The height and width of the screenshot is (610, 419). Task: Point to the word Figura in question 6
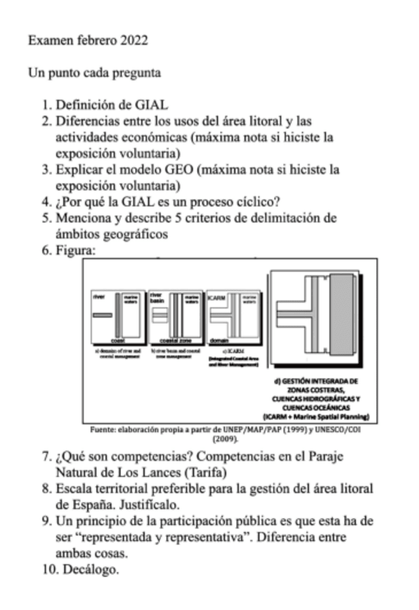coord(75,251)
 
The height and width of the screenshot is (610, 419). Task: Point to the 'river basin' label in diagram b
coord(156,298)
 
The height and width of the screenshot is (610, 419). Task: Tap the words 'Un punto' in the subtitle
coord(50,73)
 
